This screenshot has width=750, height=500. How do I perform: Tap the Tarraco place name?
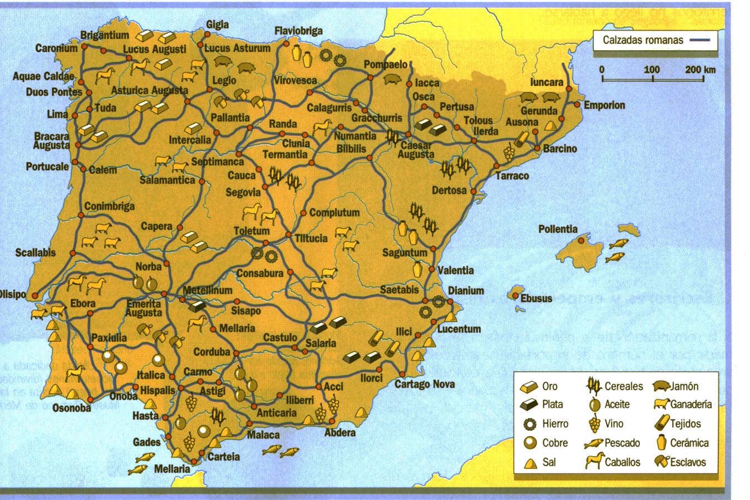point(512,176)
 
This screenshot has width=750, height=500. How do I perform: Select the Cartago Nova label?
point(424,384)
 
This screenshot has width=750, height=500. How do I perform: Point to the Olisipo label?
point(12,294)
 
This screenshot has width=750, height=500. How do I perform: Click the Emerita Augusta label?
point(143,308)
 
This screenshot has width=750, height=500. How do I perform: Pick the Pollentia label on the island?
point(558,229)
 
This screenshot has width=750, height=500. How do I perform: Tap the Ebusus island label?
point(536,298)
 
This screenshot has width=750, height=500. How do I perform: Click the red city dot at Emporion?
point(578,104)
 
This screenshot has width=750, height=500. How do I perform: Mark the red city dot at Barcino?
point(537,148)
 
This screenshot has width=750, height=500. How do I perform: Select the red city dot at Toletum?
point(266,243)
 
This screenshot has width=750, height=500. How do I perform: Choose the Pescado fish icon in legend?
point(593,443)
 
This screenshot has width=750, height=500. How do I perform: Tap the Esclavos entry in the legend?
point(688,462)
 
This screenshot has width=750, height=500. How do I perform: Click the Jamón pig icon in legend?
point(661,386)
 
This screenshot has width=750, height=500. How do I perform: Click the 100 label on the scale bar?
point(652,69)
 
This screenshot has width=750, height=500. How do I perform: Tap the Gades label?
point(147,442)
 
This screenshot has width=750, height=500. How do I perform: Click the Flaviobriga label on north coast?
point(299,31)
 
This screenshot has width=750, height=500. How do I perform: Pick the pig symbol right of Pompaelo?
point(392,79)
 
